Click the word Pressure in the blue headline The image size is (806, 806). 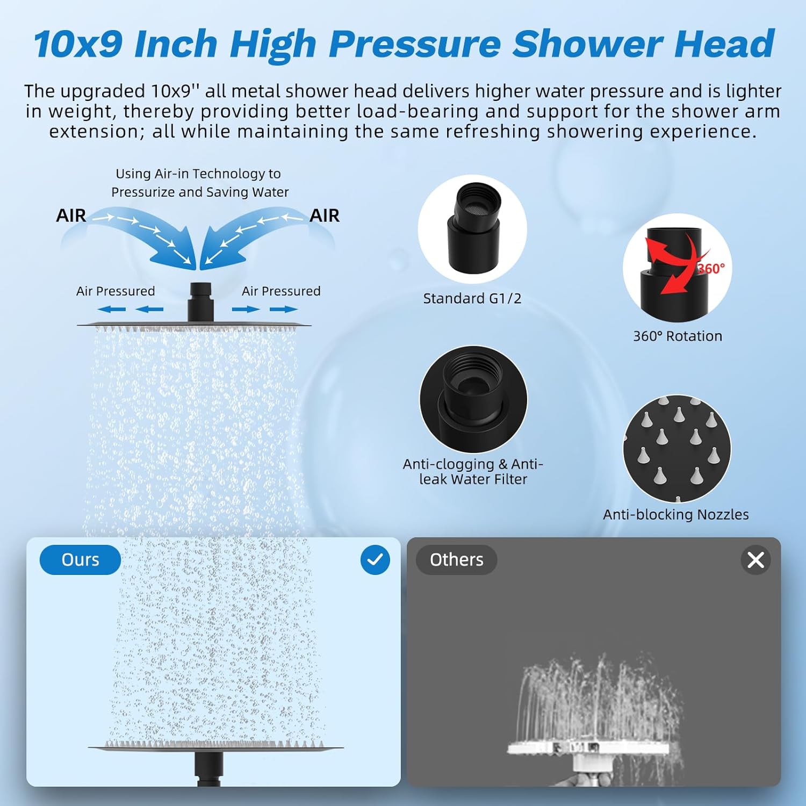[414, 44]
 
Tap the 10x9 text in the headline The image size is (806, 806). [78, 44]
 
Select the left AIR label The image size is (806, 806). [71, 215]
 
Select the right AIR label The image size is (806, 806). [325, 215]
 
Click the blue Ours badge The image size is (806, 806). [80, 560]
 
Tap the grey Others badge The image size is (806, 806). [456, 560]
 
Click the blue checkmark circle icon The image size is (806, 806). [375, 560]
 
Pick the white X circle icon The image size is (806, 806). [755, 560]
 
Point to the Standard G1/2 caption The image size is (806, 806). [472, 299]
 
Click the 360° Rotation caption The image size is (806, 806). [677, 336]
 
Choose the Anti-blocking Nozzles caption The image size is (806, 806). [675, 515]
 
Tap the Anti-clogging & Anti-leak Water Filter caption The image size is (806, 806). [473, 471]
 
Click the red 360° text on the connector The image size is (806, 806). [711, 268]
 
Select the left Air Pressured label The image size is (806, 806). [116, 291]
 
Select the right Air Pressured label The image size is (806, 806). [281, 291]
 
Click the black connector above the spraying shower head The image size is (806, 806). [200, 302]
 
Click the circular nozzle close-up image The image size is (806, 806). [677, 449]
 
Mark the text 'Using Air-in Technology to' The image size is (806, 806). [198, 174]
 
